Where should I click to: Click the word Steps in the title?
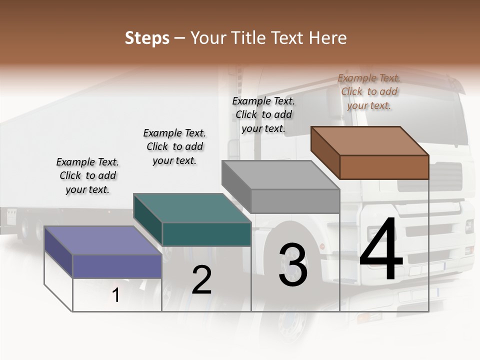tap(147, 38)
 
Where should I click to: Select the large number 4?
tap(381, 249)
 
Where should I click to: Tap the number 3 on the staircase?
tap(293, 265)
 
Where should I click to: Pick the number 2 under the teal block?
tap(202, 280)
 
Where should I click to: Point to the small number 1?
tap(116, 295)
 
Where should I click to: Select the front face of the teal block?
tap(206, 234)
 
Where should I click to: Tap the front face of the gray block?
tap(295, 201)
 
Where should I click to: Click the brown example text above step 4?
tap(369, 91)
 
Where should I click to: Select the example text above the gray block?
tap(264, 114)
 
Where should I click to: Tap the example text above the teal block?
tap(174, 146)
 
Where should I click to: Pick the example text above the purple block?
tap(87, 175)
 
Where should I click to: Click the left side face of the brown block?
tap(325, 152)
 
